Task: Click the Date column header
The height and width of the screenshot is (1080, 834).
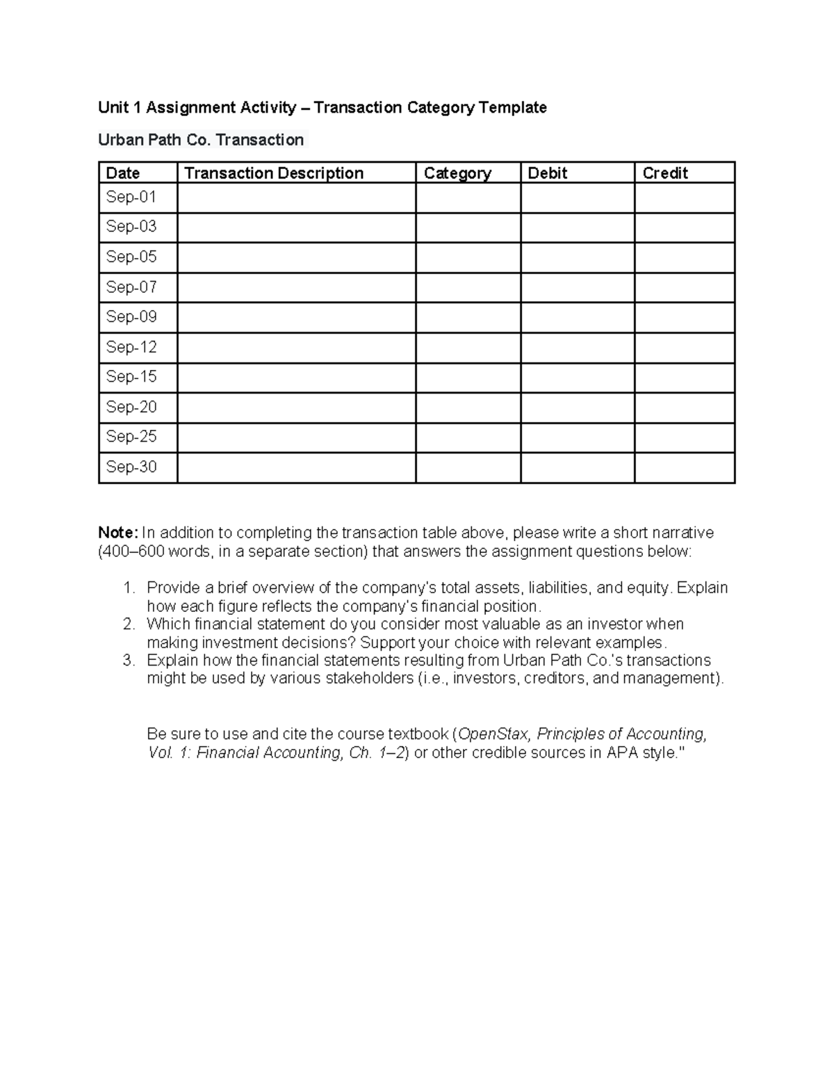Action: [x=123, y=173]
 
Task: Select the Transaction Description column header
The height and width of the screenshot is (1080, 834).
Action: [x=274, y=173]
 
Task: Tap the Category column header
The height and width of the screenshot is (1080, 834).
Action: [x=457, y=173]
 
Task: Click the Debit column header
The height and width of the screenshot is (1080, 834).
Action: [x=547, y=173]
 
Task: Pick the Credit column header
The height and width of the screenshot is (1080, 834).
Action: [x=665, y=173]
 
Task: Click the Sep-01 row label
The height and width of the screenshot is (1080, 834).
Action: [x=131, y=198]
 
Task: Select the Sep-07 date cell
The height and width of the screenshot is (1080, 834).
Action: [x=131, y=287]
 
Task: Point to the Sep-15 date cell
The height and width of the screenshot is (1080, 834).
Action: [x=131, y=377]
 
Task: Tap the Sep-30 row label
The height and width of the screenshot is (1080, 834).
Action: [x=131, y=467]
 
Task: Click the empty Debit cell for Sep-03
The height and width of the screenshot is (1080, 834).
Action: [x=577, y=227]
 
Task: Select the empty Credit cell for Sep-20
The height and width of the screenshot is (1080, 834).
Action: [x=684, y=408]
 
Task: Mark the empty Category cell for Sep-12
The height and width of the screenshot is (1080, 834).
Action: [x=468, y=348]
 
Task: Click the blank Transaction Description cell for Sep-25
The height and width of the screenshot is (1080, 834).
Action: [x=296, y=437]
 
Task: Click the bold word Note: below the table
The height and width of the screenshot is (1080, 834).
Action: [x=118, y=533]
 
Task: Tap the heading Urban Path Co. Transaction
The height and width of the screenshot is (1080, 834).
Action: [x=201, y=140]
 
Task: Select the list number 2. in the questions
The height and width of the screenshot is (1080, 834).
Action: [x=129, y=624]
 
